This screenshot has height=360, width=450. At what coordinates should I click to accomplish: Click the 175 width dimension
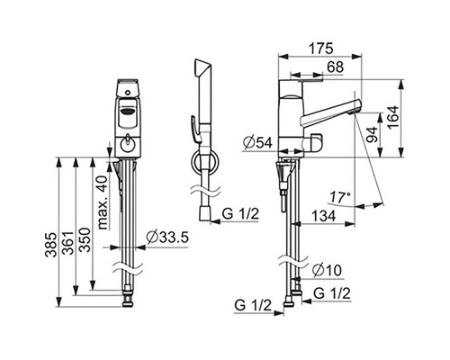tap(321, 49)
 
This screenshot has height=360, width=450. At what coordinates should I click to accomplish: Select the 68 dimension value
tap(335, 67)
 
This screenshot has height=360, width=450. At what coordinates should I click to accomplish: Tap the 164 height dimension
tap(392, 117)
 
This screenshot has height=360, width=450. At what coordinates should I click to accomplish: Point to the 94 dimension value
tap(372, 135)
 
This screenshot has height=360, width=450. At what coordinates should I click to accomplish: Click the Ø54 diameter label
tap(257, 142)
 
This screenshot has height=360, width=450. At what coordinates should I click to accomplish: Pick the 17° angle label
tap(340, 197)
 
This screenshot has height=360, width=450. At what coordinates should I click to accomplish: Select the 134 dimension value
tap(323, 216)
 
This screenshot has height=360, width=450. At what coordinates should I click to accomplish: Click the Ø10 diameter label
tap(327, 270)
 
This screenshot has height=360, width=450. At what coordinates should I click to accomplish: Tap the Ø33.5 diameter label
tap(167, 238)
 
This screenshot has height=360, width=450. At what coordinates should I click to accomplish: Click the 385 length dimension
tap(50, 245)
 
